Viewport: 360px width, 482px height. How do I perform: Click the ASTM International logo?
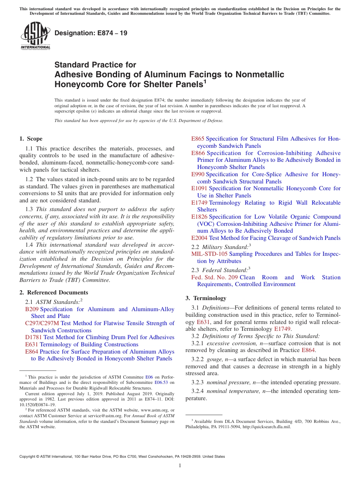click(x=35, y=36)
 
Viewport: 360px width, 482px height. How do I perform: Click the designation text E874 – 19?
click(x=91, y=33)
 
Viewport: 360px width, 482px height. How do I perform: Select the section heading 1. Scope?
click(x=31, y=139)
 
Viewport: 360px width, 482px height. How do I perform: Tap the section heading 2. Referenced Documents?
click(x=53, y=293)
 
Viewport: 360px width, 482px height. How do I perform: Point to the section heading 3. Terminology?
click(x=206, y=298)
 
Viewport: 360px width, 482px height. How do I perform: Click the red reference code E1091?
click(x=199, y=188)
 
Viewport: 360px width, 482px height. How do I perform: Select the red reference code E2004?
click(x=199, y=238)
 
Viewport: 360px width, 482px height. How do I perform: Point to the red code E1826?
click(x=199, y=217)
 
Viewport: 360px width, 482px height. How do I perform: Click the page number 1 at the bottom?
click(x=180, y=466)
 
